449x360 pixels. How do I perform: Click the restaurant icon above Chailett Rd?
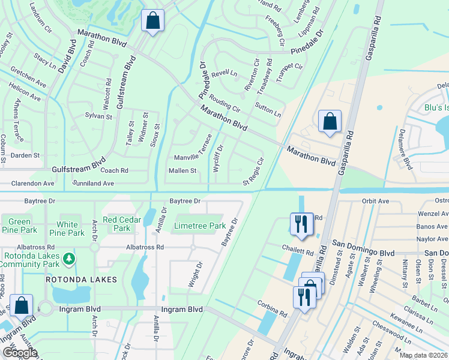click(300, 224)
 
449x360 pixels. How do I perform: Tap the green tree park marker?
click(70, 259)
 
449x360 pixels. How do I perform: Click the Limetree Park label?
click(199, 226)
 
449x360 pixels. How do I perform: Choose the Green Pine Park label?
click(19, 226)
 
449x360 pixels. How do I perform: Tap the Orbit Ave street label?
click(376, 202)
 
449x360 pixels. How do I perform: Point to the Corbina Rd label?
click(274, 313)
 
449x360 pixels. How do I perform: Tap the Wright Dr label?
click(195, 274)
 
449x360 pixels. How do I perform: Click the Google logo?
click(20, 353)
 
